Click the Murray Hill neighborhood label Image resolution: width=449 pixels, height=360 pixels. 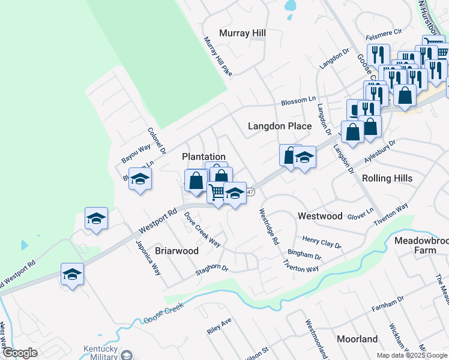(x=243, y=33)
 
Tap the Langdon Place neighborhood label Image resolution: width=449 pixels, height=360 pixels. (x=280, y=126)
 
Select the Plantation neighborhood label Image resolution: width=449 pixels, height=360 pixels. (x=203, y=157)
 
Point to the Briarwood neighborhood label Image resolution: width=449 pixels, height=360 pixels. (x=177, y=251)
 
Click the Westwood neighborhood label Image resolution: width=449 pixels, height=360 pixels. (x=320, y=216)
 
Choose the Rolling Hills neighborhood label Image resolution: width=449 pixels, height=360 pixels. (x=387, y=178)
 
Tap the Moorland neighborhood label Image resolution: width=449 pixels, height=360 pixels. (x=357, y=339)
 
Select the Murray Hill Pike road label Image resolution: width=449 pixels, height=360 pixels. (x=217, y=56)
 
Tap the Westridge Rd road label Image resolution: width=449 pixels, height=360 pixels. (x=269, y=226)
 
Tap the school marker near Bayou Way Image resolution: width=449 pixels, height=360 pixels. (x=140, y=179)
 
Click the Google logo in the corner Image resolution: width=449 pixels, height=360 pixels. (x=19, y=353)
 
